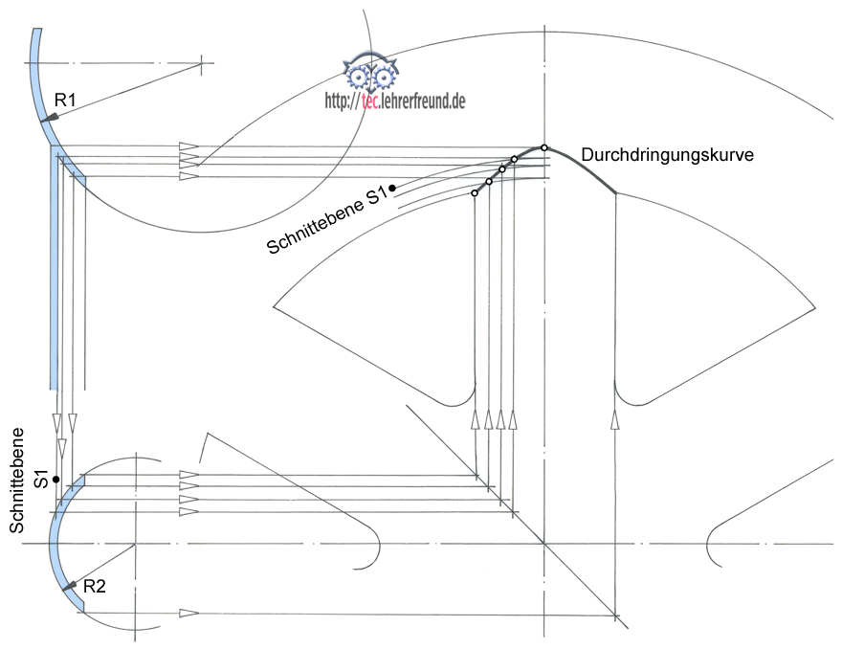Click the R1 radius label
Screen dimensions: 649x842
[65, 99]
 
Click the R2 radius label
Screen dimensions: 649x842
[94, 586]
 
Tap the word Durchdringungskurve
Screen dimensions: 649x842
[667, 154]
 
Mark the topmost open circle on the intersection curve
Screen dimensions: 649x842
[544, 147]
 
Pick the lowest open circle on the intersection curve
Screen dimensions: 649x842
[475, 193]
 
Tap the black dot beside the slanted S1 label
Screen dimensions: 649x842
[392, 188]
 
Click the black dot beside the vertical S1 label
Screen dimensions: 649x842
[56, 479]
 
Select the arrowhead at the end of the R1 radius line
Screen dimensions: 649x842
[50, 118]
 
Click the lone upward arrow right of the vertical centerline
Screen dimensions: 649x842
[614, 419]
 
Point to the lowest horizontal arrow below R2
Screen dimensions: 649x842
[188, 613]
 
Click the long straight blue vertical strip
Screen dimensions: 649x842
[54, 268]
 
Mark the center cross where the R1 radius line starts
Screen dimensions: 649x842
[203, 63]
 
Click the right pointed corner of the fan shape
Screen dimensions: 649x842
[814, 307]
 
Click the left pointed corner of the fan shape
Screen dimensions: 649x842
[275, 307]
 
